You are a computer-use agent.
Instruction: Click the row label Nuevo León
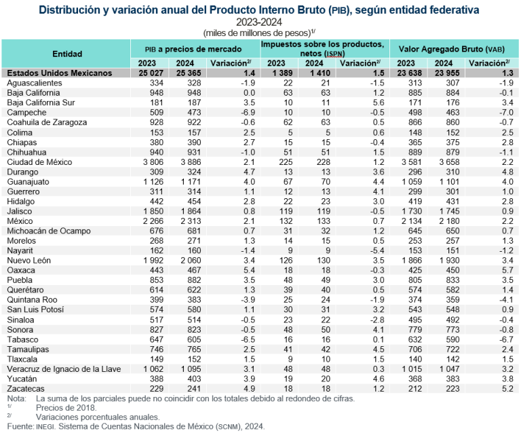(26, 261)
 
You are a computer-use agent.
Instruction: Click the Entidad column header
(66, 53)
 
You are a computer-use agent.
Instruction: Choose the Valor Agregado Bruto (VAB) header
(455, 50)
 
